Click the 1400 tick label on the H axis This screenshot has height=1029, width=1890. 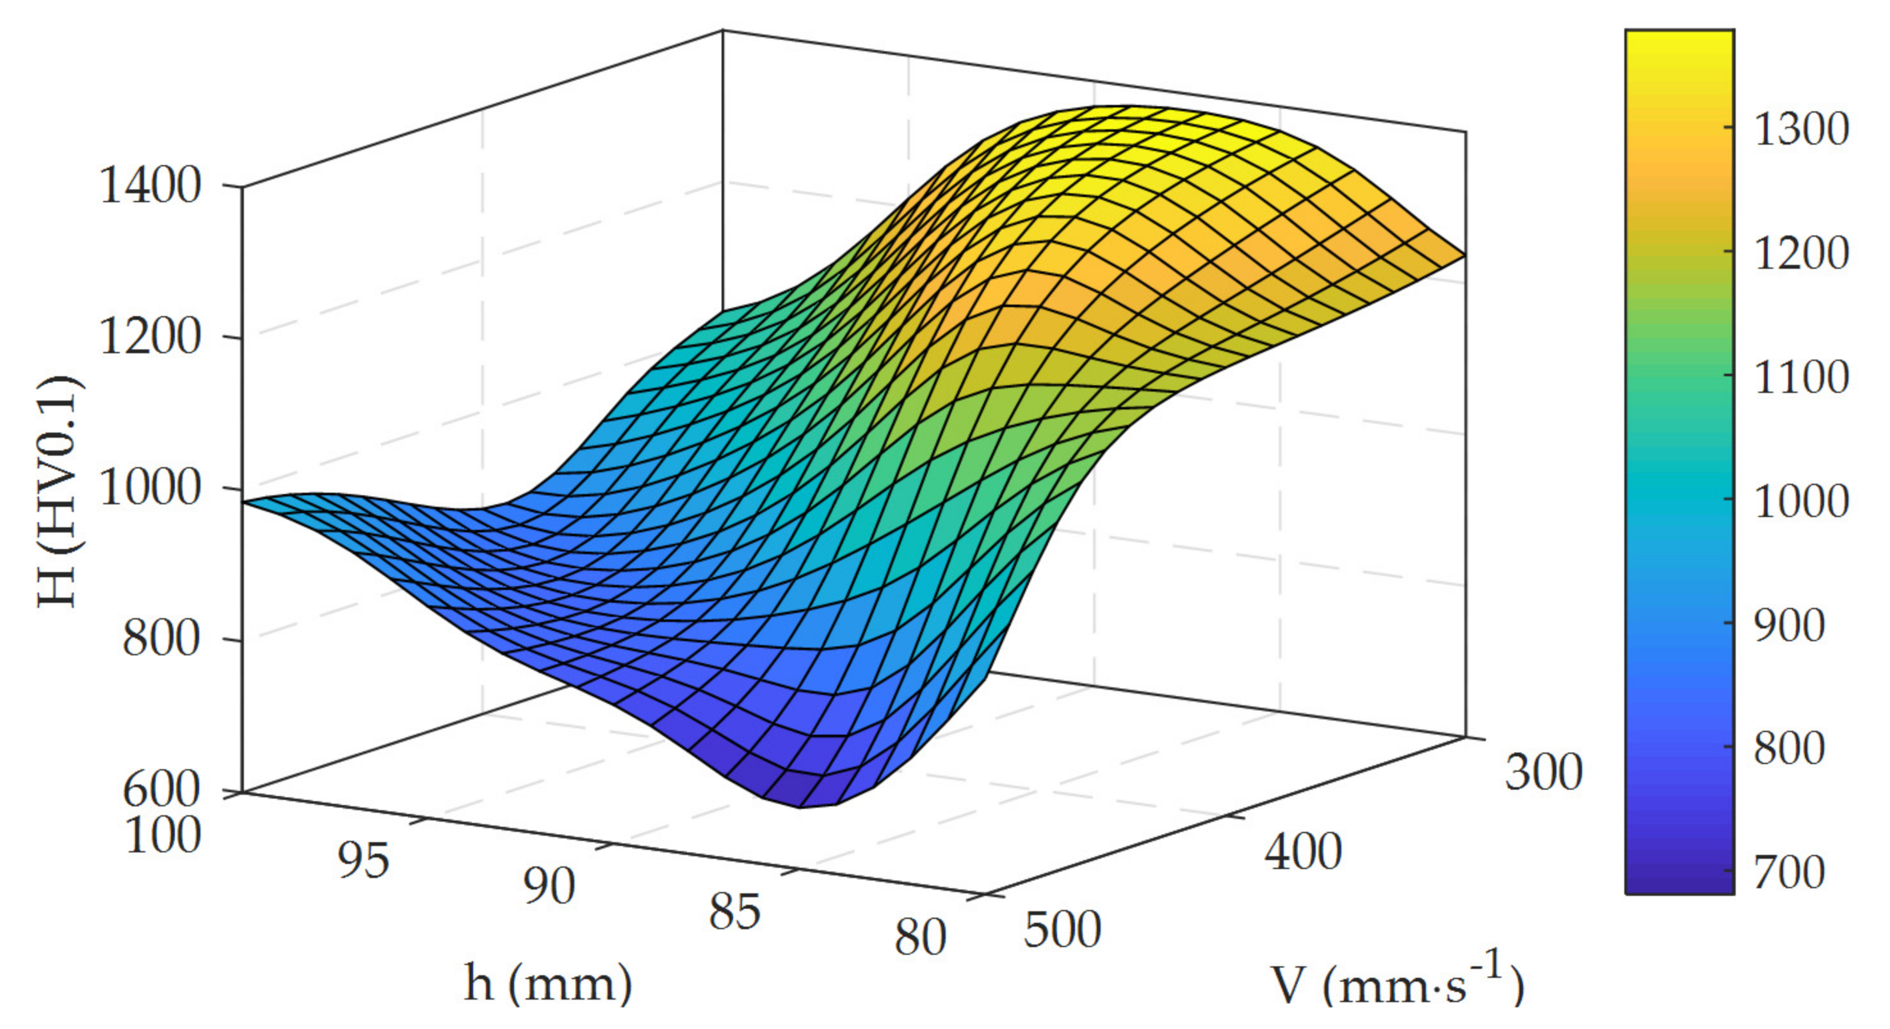[x=150, y=186]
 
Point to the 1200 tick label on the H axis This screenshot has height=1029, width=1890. [x=150, y=337]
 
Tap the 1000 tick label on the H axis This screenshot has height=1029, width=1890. [x=150, y=488]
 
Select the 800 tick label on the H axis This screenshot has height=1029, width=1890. [x=161, y=639]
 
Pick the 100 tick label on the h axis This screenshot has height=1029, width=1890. [x=163, y=835]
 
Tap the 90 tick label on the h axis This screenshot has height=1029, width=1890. [x=549, y=887]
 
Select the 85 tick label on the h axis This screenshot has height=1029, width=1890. [x=734, y=913]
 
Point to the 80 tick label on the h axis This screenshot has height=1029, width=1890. [x=920, y=937]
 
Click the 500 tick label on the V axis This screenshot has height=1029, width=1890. [x=1063, y=930]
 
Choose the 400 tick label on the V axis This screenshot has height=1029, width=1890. [x=1303, y=852]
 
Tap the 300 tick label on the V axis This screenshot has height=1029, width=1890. [x=1543, y=773]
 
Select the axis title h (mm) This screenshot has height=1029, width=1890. [x=548, y=984]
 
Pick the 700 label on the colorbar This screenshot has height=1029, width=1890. [x=1789, y=872]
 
